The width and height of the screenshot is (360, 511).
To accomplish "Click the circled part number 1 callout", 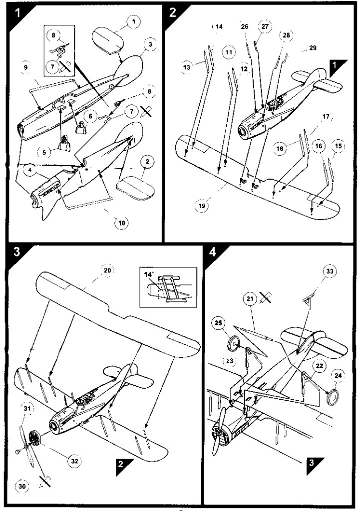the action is [x=133, y=22].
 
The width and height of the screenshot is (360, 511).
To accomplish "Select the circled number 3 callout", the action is [x=150, y=44].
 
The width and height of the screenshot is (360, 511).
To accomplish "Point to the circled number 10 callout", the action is [x=122, y=223].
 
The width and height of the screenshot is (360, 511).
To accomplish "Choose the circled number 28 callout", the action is [x=286, y=35].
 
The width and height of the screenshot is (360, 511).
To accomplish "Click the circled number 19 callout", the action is [x=202, y=206].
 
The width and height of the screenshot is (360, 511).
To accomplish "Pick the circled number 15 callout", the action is [x=338, y=146].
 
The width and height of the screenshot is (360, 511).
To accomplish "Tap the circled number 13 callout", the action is [x=187, y=67].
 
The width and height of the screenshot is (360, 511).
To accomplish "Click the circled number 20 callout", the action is [x=108, y=270].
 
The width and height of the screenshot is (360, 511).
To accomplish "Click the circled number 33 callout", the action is [x=330, y=271].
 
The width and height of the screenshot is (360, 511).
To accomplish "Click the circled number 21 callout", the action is [x=251, y=298].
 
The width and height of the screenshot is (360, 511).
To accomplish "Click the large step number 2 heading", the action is [x=173, y=12].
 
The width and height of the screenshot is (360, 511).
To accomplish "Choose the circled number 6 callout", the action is [x=91, y=115].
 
